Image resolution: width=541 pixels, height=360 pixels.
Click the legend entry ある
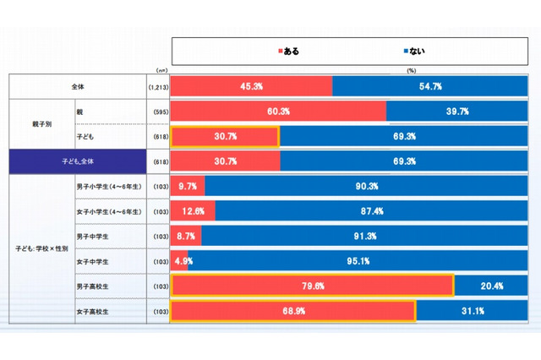288,51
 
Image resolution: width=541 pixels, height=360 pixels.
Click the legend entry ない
413,51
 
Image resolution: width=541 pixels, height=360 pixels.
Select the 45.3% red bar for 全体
252,86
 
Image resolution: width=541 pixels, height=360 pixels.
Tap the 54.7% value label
432,86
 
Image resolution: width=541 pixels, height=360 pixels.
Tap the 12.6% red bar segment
193,211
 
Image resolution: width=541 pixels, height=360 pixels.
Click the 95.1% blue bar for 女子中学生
355,261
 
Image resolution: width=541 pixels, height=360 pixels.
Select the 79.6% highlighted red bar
312,286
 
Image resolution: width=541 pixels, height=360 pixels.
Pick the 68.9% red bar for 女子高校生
293,311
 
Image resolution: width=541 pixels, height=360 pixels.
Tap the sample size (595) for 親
157,112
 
